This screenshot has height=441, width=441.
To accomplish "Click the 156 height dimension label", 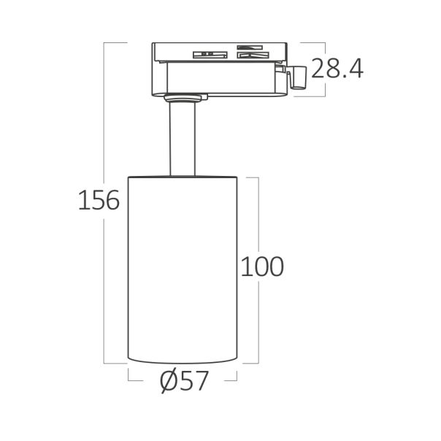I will [98, 199].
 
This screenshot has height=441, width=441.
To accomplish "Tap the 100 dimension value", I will [262, 266].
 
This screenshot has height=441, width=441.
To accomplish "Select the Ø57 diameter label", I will [183, 380].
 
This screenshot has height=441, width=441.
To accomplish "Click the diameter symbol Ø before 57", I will [166, 380].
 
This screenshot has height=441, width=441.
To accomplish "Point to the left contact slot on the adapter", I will [207, 53].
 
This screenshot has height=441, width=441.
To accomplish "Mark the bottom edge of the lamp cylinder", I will [183, 360].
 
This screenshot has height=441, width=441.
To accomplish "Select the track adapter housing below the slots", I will [219, 77].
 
